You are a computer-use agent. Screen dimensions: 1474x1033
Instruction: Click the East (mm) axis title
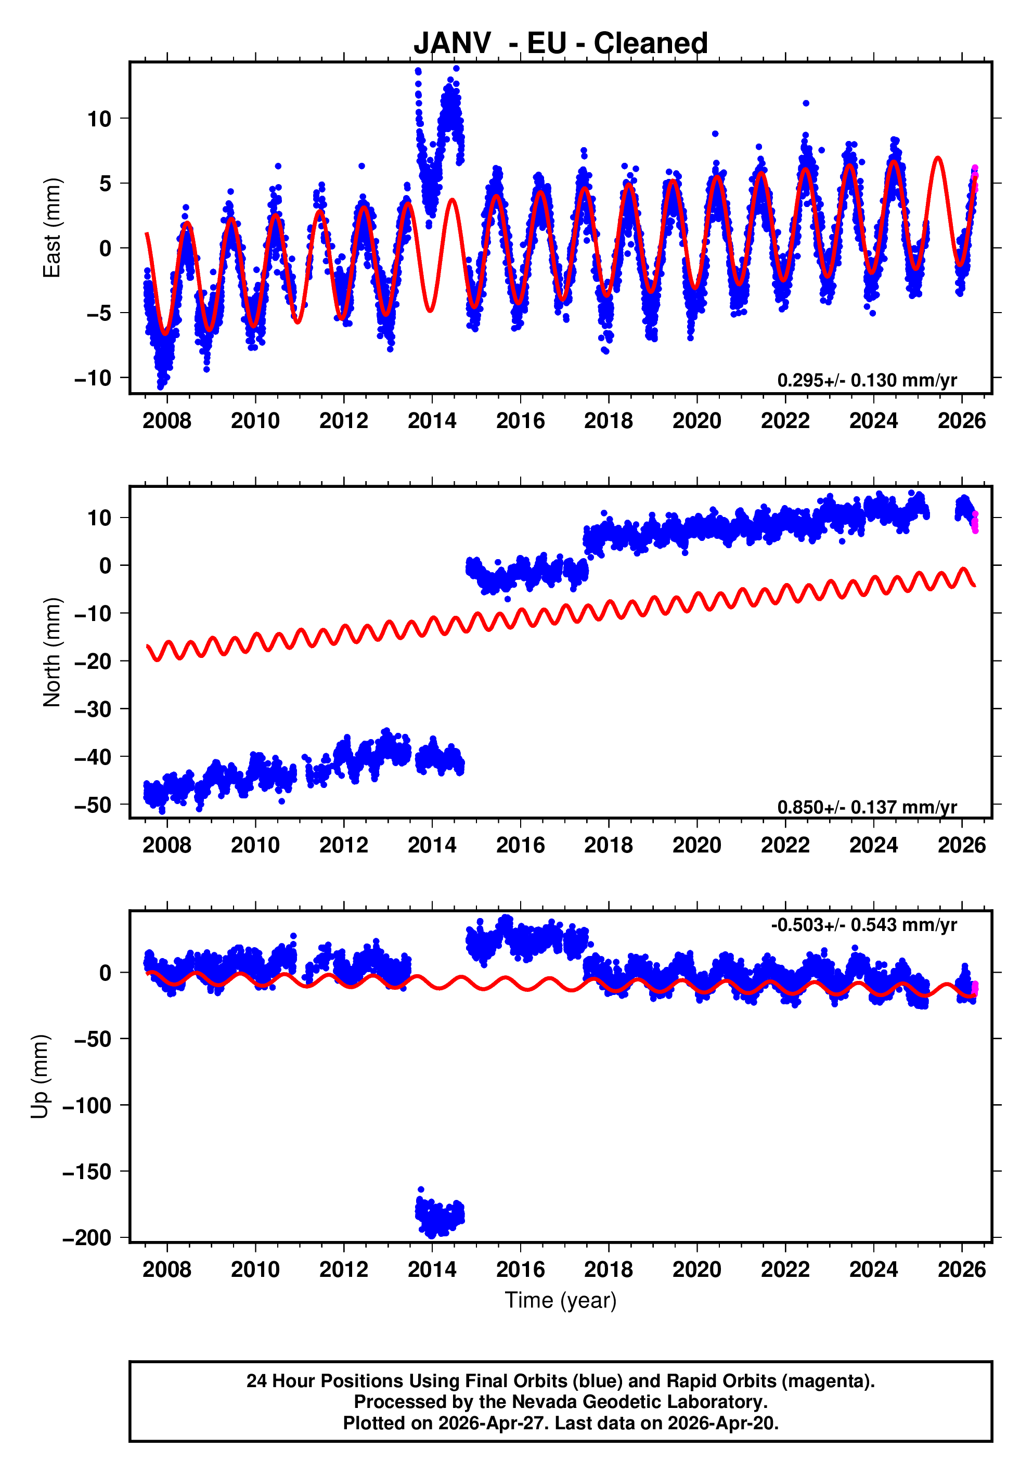coord(51,228)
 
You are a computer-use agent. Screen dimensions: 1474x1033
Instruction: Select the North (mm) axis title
coord(51,652)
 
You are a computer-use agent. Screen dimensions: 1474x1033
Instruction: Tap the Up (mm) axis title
coord(40,1077)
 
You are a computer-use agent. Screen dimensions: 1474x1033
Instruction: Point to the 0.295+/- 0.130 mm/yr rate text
coord(867,380)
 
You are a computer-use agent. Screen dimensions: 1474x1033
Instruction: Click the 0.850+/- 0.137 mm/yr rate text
coord(867,807)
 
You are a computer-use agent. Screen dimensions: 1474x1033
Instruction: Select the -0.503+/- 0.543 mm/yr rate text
coord(863,925)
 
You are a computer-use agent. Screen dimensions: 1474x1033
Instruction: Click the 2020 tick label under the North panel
coord(696,846)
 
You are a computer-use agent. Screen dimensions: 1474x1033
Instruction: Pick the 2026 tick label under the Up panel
coord(961,1269)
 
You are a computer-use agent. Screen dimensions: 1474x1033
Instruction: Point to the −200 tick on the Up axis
coord(87,1237)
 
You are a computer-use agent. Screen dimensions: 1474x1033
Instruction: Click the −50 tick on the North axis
coord(93,805)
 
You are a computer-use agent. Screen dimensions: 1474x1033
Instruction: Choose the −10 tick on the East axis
coord(93,378)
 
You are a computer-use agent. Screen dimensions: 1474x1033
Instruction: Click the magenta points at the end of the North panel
coord(975,522)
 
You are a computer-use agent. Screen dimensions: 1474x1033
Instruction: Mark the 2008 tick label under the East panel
coord(166,421)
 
